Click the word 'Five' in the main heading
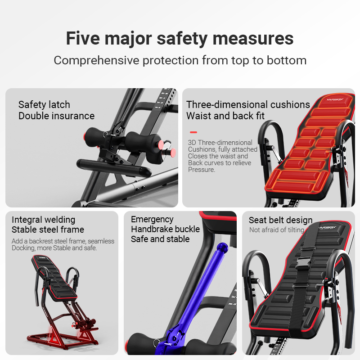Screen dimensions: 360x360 [83, 38]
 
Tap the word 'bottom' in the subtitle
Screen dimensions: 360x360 [287, 60]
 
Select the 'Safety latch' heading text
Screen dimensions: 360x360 [44, 105]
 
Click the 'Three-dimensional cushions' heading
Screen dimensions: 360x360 [248, 105]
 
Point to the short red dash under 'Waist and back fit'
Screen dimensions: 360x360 [193, 132]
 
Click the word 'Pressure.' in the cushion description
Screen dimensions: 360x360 [201, 170]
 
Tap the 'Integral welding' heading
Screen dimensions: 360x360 [43, 220]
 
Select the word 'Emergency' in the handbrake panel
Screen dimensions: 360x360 [152, 220]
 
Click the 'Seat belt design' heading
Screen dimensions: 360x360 [280, 220]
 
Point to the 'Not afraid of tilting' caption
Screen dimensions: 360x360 [277, 230]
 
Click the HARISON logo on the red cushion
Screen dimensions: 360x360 [335, 99]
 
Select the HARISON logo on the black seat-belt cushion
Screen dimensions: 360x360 [328, 228]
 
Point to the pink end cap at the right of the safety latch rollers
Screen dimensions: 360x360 [173, 153]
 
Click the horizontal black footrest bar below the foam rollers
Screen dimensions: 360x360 [114, 167]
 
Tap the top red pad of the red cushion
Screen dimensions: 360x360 [335, 102]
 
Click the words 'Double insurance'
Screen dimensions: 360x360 [57, 116]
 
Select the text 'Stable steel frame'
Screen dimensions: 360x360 [48, 229]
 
